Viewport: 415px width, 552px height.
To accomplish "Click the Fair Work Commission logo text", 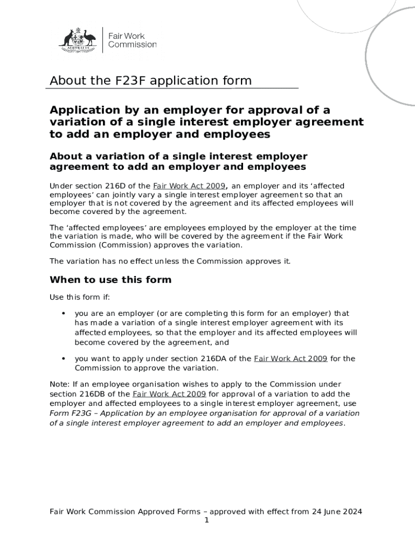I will (x=132, y=40).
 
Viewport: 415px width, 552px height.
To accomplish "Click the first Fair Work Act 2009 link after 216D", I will (x=189, y=186).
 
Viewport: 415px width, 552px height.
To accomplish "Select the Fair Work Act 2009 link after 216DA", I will (x=290, y=358).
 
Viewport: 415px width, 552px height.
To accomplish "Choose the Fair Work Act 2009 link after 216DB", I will (x=169, y=394).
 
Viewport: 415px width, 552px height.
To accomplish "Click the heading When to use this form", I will (x=110, y=280).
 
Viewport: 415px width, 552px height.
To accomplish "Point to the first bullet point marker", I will (x=64, y=313).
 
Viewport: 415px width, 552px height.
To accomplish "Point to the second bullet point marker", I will (x=64, y=358).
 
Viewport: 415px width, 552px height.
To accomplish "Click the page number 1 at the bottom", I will (x=206, y=520).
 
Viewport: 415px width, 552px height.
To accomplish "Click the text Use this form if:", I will (x=79, y=297).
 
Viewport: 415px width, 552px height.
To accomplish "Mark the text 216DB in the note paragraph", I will (x=97, y=394).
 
